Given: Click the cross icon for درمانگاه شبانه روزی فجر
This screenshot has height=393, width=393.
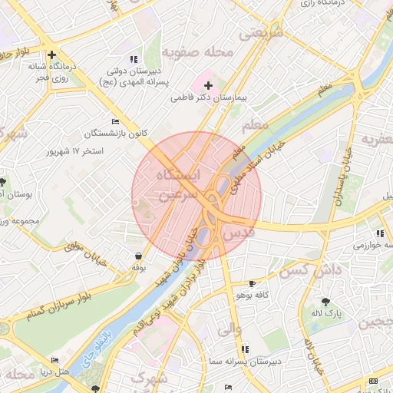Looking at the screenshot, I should (x=51, y=54).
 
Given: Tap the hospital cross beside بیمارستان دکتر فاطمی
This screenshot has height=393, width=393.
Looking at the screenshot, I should (x=209, y=84).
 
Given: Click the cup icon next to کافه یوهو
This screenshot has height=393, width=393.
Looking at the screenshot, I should (x=253, y=283).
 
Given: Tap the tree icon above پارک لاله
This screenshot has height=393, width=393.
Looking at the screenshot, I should (x=326, y=301).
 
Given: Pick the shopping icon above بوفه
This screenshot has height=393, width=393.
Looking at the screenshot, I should (x=138, y=256).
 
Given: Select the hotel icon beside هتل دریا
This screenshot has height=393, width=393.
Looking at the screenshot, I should (x=54, y=360).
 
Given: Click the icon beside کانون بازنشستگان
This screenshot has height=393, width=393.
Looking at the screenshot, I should (x=116, y=121).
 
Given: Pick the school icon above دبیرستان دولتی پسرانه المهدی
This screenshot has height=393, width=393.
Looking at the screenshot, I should (x=135, y=58).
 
